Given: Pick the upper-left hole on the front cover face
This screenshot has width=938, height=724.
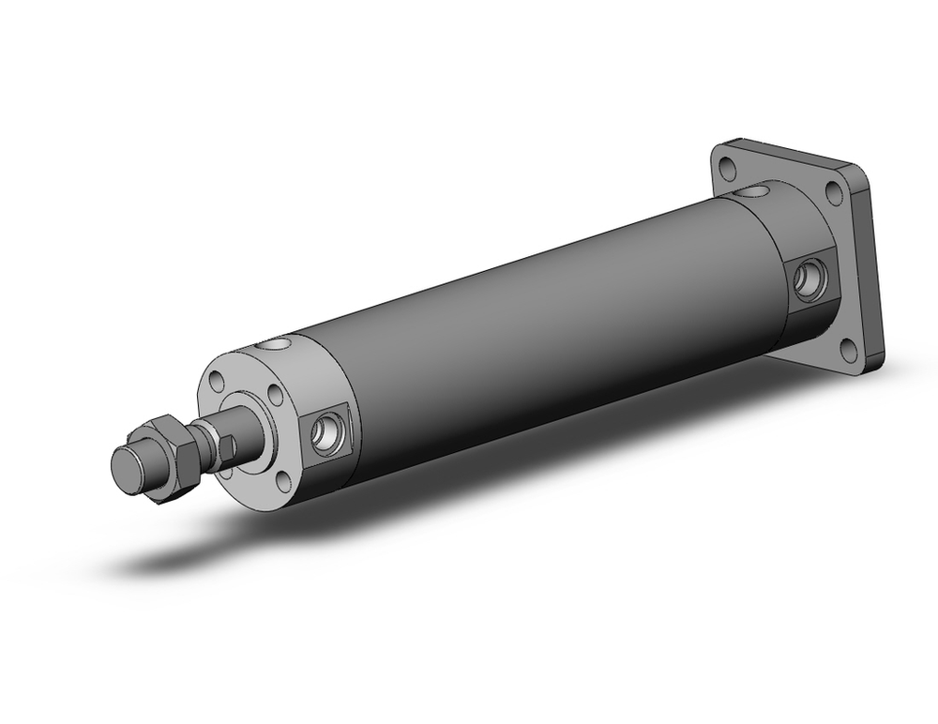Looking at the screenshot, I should click(218, 383).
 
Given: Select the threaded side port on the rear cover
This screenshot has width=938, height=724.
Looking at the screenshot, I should click(806, 279).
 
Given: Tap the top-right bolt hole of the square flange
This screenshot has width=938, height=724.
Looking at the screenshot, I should click(833, 192).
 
